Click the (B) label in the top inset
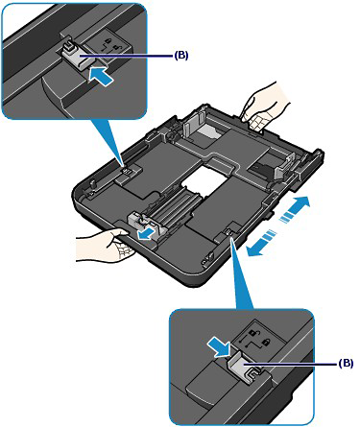click(x=181, y=56)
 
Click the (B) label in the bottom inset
click(x=346, y=364)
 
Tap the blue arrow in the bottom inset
click(x=218, y=347)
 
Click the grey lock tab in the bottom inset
click(x=247, y=367)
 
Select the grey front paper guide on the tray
click(x=142, y=225)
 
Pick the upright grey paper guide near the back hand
click(x=194, y=127)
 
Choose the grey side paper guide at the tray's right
click(x=285, y=167)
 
